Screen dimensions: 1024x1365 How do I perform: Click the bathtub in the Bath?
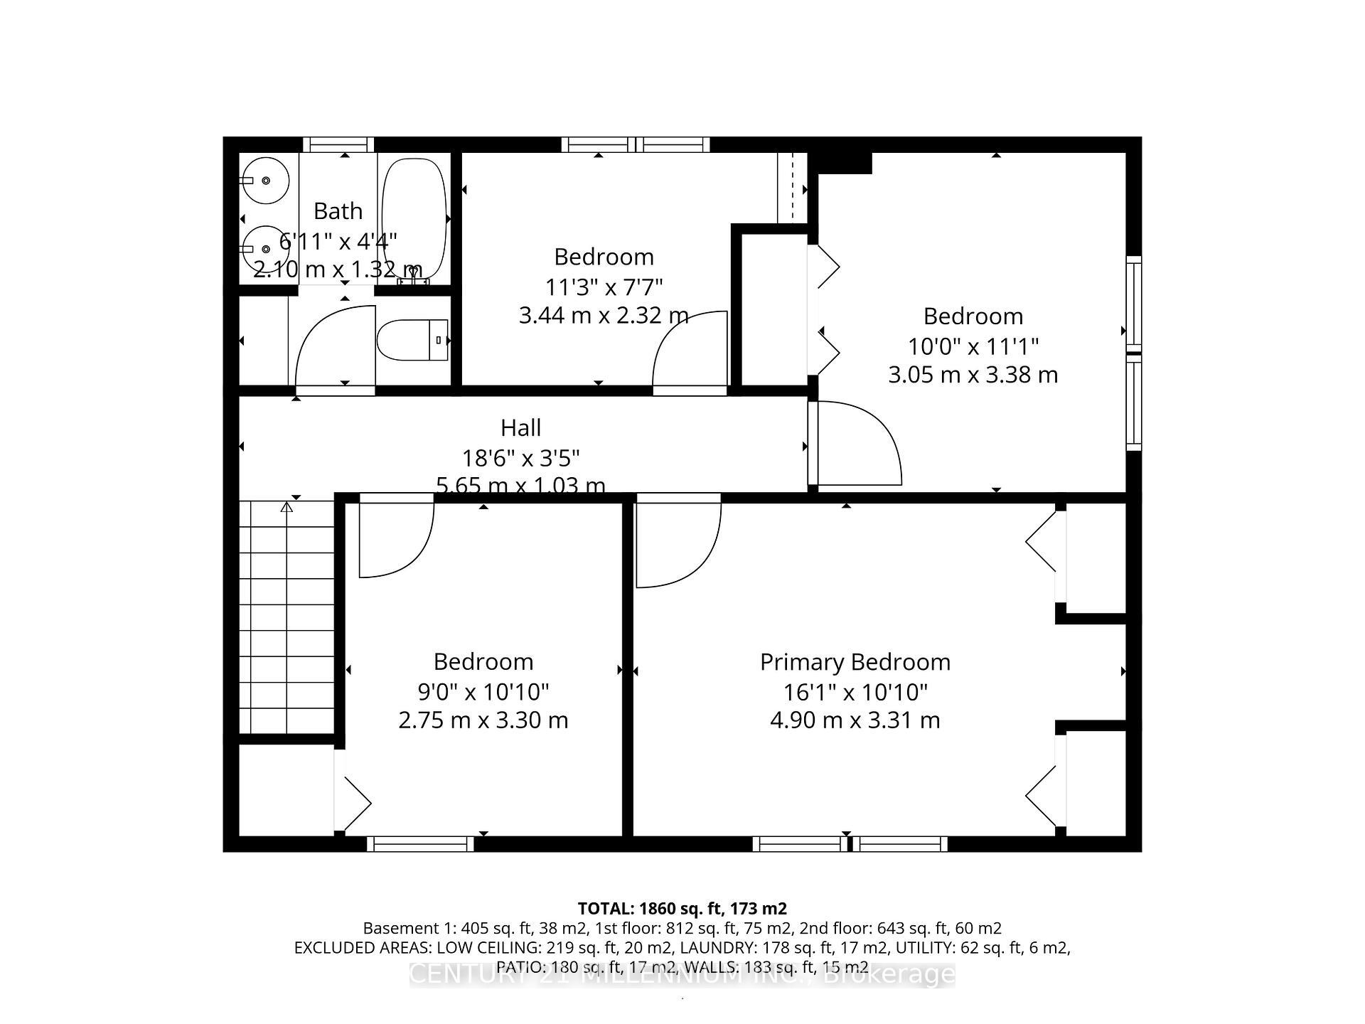414,217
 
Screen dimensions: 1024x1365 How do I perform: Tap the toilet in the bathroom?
410,341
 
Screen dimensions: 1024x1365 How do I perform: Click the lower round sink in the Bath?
264,249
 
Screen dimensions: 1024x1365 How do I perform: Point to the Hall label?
520,428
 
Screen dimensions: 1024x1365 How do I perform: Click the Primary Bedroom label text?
855,662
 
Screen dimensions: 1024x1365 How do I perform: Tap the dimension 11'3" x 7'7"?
604,287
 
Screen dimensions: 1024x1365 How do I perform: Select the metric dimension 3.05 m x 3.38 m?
973,375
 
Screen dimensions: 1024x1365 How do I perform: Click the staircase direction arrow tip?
287,506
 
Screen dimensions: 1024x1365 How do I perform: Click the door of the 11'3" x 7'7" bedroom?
690,352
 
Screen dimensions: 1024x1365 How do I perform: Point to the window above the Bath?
338,144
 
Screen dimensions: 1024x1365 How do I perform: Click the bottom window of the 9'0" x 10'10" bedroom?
420,844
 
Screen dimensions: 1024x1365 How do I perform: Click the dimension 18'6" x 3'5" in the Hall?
520,457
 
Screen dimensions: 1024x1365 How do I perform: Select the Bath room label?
338,211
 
